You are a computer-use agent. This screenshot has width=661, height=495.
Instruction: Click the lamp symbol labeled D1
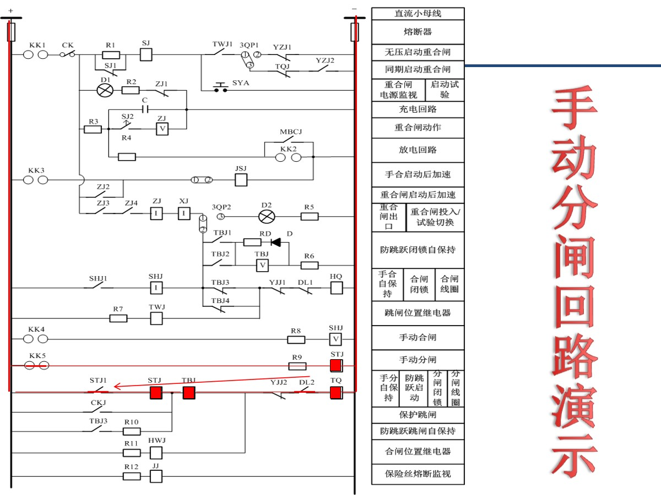105,90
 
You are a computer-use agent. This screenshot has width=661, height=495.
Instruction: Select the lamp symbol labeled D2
267,216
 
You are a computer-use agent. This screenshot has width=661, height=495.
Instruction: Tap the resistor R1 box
111,54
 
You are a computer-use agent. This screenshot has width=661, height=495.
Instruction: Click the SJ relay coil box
146,54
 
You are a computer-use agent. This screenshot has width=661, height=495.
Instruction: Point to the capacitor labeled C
145,109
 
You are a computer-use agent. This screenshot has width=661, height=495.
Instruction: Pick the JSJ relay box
241,179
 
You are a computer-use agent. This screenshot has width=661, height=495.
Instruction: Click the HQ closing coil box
336,288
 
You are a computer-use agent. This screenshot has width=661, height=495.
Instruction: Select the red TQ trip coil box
336,392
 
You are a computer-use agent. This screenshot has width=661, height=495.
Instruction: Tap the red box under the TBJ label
189,392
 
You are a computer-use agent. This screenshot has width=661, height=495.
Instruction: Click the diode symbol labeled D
276,242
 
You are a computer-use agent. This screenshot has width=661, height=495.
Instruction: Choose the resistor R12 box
131,476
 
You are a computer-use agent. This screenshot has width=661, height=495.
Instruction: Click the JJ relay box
156,476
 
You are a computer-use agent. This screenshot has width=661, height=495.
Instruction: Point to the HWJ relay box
156,452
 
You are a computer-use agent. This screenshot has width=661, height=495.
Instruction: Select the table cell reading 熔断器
418,32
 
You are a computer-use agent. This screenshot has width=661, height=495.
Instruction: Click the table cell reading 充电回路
418,109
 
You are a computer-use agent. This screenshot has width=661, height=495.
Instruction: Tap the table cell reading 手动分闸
418,360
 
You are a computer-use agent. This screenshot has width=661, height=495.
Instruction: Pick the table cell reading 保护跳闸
418,414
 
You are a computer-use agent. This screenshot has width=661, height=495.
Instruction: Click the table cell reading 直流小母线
418,13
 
